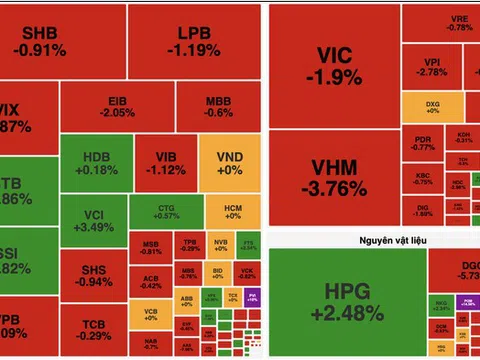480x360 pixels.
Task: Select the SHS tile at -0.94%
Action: point(96,275)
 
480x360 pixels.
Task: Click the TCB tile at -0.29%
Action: point(96,331)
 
